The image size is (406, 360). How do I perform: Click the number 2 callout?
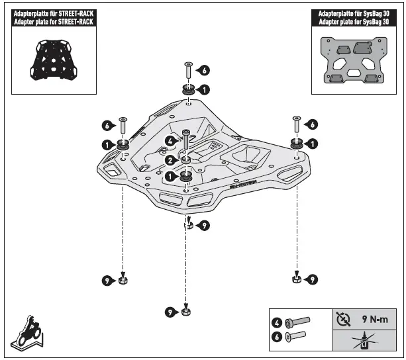(170, 159)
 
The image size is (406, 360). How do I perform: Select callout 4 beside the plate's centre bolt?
(170, 141)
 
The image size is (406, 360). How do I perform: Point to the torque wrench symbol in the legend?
(342, 318)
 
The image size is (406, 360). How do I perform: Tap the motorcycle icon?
(26, 330)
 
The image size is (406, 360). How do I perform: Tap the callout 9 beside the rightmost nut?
(312, 279)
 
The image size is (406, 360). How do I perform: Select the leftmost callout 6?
(106, 124)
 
